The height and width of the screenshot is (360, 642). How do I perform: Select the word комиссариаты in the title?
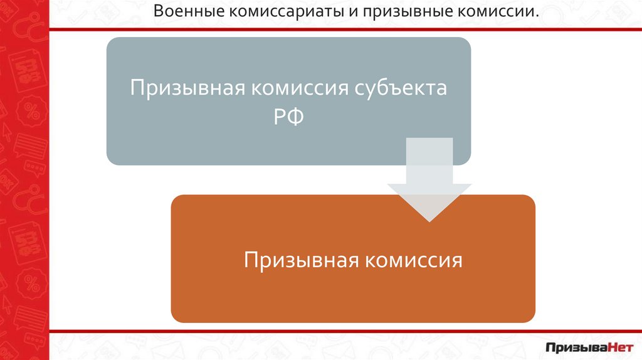pyautogui.click(x=265, y=12)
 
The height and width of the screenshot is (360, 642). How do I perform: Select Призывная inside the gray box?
pyautogui.click(x=186, y=88)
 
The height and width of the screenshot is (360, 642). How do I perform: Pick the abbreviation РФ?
pyautogui.click(x=288, y=117)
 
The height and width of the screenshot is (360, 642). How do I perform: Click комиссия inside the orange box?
pyautogui.click(x=413, y=260)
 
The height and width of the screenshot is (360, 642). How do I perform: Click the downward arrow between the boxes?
pyautogui.click(x=429, y=188)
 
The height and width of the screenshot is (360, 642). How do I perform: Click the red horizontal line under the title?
pyautogui.click(x=345, y=29)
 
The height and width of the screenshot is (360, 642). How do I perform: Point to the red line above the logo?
pyautogui.click(x=345, y=331)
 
